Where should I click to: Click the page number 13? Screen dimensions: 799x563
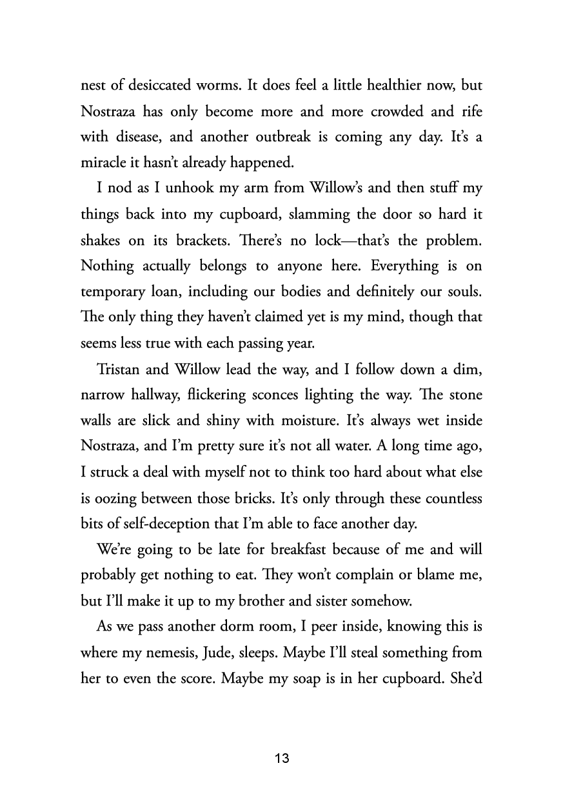(x=282, y=758)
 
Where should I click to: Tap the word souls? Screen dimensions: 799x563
(x=464, y=291)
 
